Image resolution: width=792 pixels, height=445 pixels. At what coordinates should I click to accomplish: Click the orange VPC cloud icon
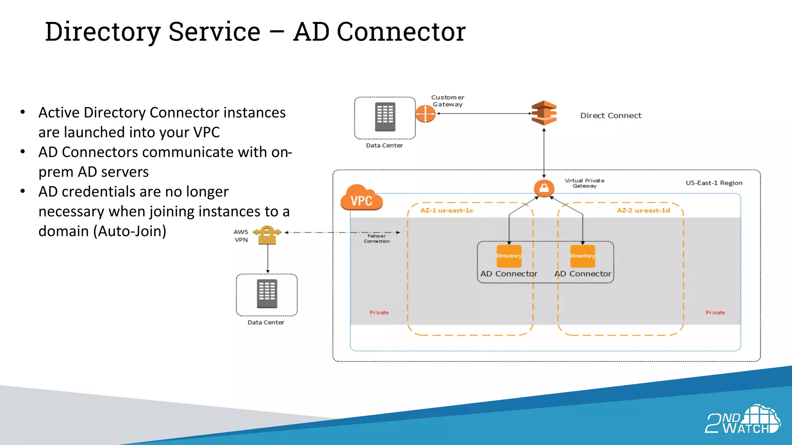tap(361, 198)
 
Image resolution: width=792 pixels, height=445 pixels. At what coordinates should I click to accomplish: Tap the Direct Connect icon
tap(544, 113)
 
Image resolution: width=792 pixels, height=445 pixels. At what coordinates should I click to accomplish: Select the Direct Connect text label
tap(610, 115)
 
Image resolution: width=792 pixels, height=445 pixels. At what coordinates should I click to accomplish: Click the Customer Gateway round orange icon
tap(425, 114)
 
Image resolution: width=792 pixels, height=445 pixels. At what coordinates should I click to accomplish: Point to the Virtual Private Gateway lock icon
tap(544, 188)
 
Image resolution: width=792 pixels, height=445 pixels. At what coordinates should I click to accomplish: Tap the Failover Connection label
tap(376, 238)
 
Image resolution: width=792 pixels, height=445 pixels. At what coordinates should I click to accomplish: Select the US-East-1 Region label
tap(713, 183)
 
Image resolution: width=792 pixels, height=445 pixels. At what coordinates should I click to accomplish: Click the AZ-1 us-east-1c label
tap(446, 211)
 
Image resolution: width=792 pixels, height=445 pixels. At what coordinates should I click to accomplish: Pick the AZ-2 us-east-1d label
tap(643, 211)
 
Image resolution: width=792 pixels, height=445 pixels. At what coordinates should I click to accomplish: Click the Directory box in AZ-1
tap(509, 256)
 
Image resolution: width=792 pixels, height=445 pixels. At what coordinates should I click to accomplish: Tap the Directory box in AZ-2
tap(582, 256)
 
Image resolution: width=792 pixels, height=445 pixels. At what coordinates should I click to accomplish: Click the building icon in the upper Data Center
tap(385, 117)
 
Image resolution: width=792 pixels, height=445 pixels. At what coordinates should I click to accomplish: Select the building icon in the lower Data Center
tap(267, 294)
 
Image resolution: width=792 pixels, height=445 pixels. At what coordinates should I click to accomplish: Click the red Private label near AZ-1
tap(379, 313)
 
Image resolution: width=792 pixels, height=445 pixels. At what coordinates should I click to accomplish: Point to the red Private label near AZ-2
tap(715, 313)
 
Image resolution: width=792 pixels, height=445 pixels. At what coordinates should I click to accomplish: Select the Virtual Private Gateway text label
tap(584, 183)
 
